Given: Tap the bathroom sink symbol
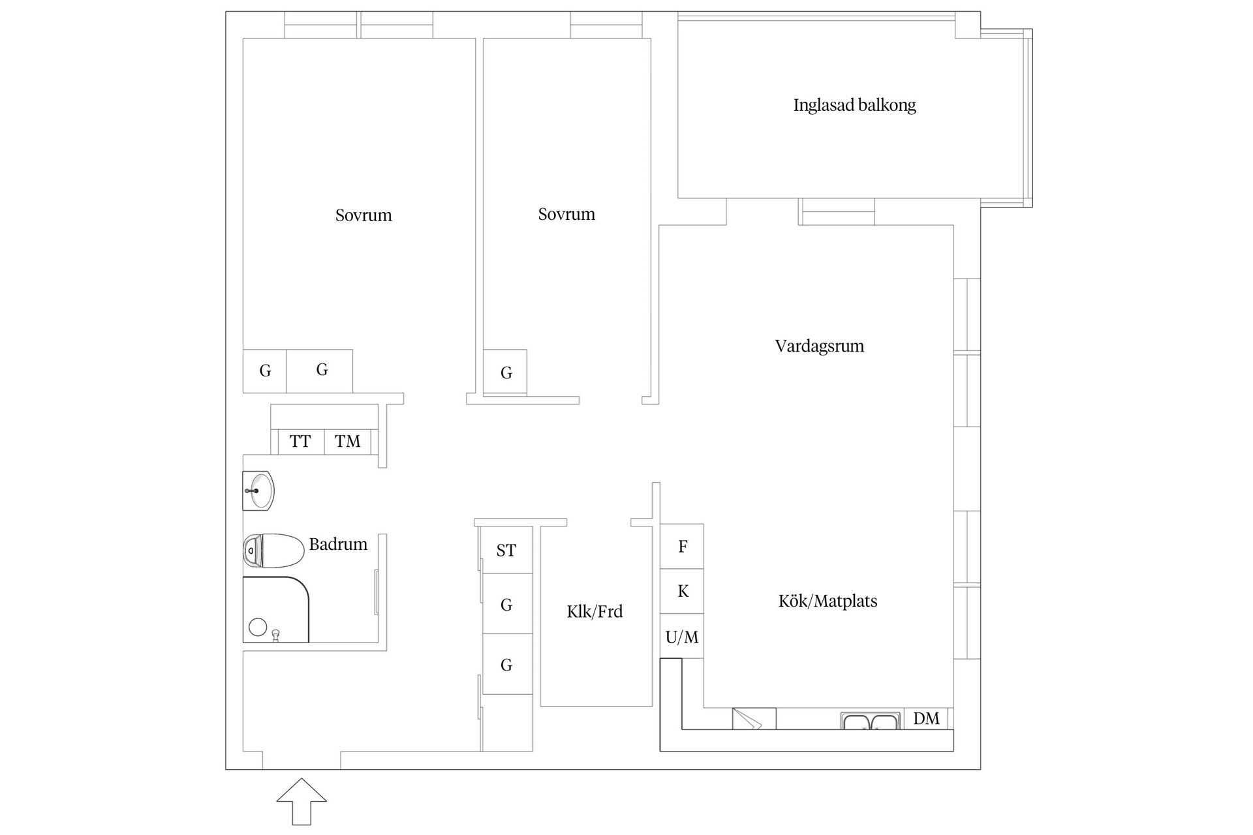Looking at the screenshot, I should click(x=260, y=491).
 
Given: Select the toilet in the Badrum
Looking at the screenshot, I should click(x=274, y=551).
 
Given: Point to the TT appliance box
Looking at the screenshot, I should click(x=300, y=442).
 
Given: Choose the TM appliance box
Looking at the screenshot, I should click(x=347, y=442).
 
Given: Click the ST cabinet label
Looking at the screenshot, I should click(x=506, y=550).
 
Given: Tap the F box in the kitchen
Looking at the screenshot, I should click(x=682, y=546).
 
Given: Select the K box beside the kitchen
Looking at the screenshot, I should click(x=682, y=591).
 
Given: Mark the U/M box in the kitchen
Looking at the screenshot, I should click(x=682, y=637).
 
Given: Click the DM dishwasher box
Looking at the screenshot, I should click(x=926, y=718).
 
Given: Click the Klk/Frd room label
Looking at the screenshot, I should click(x=595, y=611).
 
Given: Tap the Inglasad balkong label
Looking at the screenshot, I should click(x=854, y=105).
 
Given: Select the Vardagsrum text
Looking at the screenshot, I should click(x=819, y=346).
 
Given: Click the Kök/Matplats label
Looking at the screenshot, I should click(x=828, y=601).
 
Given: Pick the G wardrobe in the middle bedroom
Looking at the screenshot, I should click(x=506, y=372).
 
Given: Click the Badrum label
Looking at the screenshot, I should click(x=338, y=544).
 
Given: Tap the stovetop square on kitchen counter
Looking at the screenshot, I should click(x=754, y=718).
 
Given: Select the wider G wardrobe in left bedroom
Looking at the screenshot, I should click(x=320, y=371).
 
